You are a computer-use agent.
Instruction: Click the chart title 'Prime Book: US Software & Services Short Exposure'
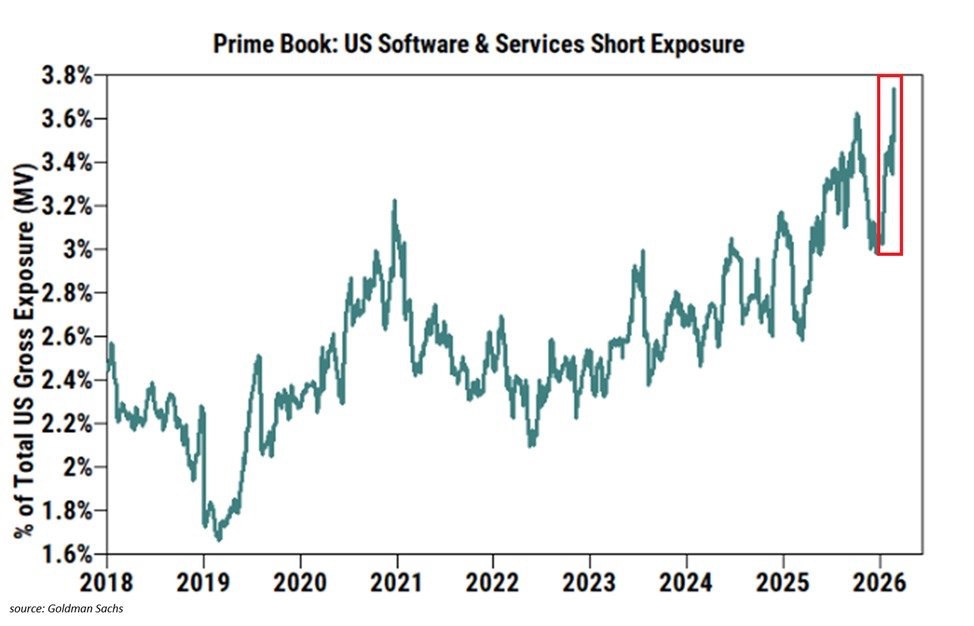[x=478, y=46]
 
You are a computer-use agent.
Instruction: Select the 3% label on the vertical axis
[x=81, y=250]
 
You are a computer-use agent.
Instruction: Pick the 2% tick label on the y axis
[x=81, y=467]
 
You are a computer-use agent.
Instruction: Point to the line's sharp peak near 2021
[x=394, y=201]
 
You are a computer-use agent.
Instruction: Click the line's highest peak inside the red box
[x=893, y=89]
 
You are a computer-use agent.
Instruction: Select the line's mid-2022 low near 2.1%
[x=531, y=445]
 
